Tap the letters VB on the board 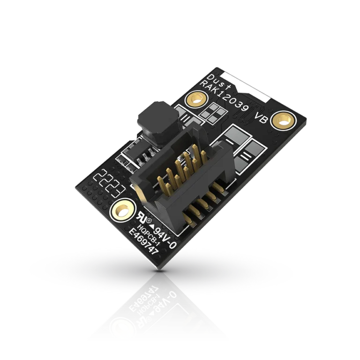click(261, 118)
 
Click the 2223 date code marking click(109, 183)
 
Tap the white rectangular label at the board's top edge click(246, 86)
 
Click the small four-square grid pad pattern click(213, 111)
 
